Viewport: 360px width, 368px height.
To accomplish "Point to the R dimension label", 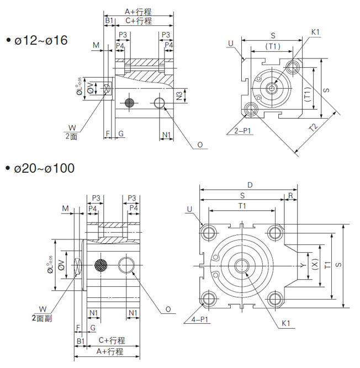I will pyautogui.click(x=290, y=195).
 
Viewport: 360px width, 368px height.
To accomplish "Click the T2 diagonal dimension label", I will pyautogui.click(x=313, y=128).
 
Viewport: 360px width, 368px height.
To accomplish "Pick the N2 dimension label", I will pyautogui.click(x=179, y=96).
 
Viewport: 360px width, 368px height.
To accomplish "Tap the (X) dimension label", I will pyautogui.click(x=315, y=265).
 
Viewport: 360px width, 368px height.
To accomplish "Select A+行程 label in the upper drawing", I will pyautogui.click(x=137, y=11).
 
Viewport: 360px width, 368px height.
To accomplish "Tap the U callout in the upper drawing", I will pyautogui.click(x=230, y=42).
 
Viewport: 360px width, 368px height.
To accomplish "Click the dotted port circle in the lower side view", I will pyautogui.click(x=101, y=265).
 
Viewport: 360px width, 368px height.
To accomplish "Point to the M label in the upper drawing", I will pyautogui.click(x=96, y=45).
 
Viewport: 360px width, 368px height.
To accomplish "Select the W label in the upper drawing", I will pyautogui.click(x=70, y=126).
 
